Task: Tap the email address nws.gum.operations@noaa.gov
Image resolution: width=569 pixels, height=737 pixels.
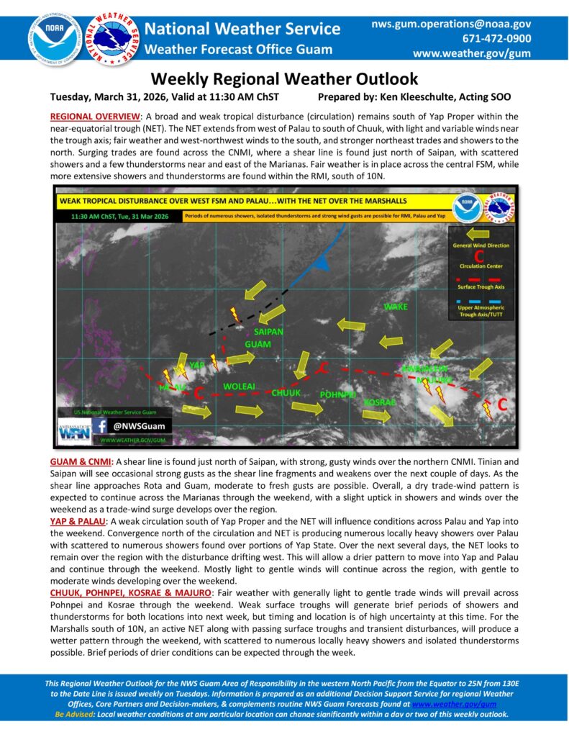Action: click(451, 24)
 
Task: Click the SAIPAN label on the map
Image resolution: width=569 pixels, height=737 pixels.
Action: click(269, 332)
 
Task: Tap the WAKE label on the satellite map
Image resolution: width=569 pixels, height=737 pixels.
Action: click(396, 307)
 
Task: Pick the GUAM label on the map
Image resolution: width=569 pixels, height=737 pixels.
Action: click(258, 345)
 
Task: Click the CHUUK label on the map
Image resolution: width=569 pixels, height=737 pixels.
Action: click(286, 392)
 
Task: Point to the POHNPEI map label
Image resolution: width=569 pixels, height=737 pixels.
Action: click(337, 395)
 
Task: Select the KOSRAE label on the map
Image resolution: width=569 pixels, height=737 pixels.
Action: click(380, 402)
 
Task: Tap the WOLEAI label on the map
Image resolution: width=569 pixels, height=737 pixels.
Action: click(240, 386)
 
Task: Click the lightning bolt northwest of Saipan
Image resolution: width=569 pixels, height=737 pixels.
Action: click(234, 315)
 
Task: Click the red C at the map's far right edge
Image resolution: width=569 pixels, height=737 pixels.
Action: click(502, 404)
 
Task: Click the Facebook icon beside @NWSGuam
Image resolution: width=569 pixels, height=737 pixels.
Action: click(102, 425)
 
